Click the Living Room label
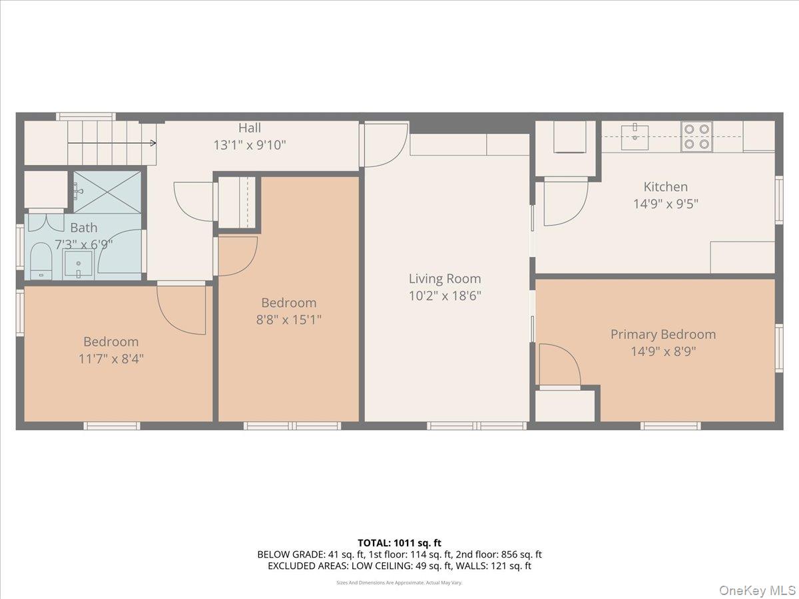pyautogui.click(x=444, y=279)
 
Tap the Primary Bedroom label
pyautogui.click(x=663, y=334)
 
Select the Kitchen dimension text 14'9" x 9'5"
pyautogui.click(x=666, y=204)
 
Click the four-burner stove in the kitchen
pyautogui.click(x=696, y=136)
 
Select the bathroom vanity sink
pyautogui.click(x=79, y=264)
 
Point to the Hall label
pyautogui.click(x=250, y=128)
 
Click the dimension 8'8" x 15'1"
pyautogui.click(x=289, y=319)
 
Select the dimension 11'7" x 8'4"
pyautogui.click(x=111, y=359)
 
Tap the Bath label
pyautogui.click(x=83, y=228)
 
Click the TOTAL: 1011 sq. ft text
pyautogui.click(x=400, y=543)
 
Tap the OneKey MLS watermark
pyautogui.click(x=758, y=590)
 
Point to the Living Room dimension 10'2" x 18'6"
pyautogui.click(x=444, y=296)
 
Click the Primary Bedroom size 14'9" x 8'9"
pyautogui.click(x=663, y=351)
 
